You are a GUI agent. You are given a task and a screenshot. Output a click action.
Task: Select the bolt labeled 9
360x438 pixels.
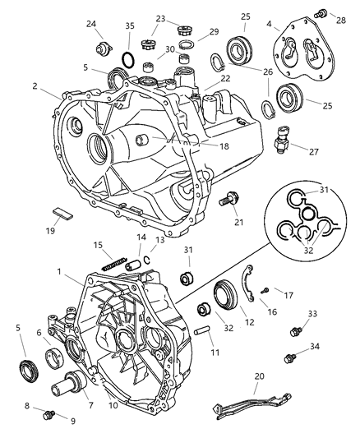[51, 414]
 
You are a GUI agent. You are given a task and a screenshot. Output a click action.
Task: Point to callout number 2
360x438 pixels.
[35, 85]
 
